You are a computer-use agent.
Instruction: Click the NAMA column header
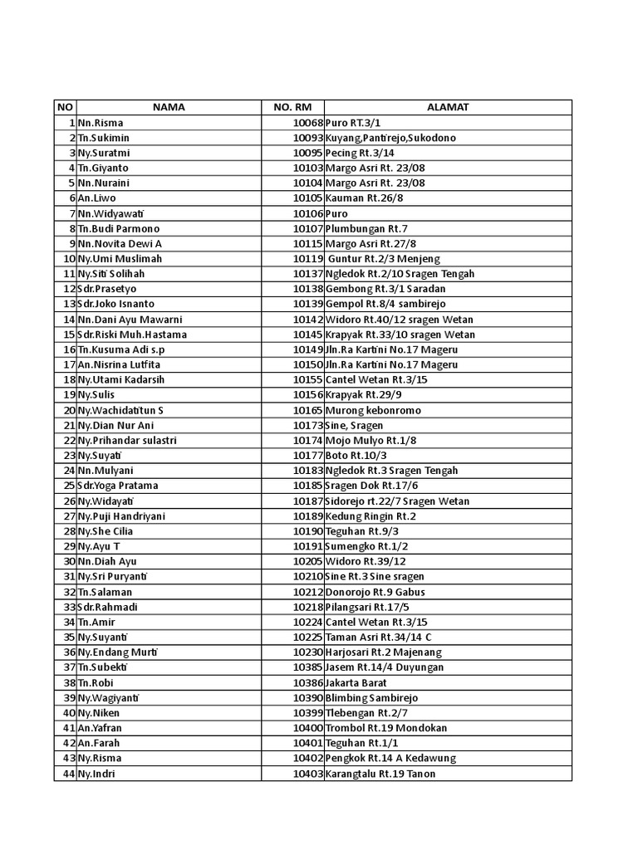coord(168,107)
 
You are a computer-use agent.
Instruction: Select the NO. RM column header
coord(292,107)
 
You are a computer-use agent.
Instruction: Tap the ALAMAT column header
coord(448,107)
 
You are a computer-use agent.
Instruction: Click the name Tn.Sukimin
coord(104,138)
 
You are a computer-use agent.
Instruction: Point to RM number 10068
coord(307,123)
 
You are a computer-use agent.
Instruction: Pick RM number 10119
coord(307,259)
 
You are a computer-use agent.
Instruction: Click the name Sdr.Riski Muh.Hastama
coord(132,335)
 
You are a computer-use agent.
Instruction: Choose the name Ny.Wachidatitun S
coord(120,410)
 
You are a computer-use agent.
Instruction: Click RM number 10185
coord(307,486)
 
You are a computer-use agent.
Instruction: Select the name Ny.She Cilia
coord(106,531)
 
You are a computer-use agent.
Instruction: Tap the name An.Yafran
coord(100,728)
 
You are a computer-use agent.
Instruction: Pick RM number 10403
coord(307,774)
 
